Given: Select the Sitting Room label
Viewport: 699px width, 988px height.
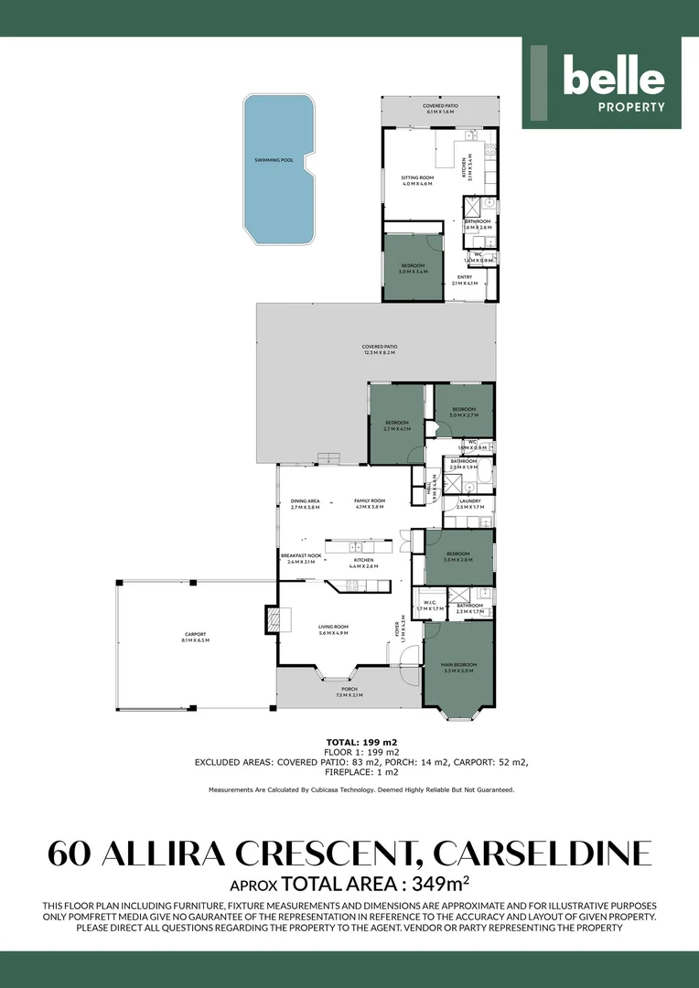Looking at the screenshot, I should [416, 180].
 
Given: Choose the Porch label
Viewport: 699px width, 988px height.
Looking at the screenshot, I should [349, 692].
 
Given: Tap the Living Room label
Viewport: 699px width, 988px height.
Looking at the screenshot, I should [335, 629].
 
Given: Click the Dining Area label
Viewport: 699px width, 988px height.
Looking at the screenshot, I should [305, 503].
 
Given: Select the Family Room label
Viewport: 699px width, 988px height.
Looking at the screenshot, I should [371, 503].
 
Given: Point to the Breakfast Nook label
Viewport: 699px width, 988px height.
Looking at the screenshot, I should [301, 559].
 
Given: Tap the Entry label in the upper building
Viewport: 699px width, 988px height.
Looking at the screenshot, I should [465, 280].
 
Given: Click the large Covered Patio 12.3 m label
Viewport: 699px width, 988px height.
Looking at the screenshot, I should [379, 349].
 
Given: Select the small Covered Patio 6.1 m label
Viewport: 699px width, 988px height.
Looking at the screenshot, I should [440, 109].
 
